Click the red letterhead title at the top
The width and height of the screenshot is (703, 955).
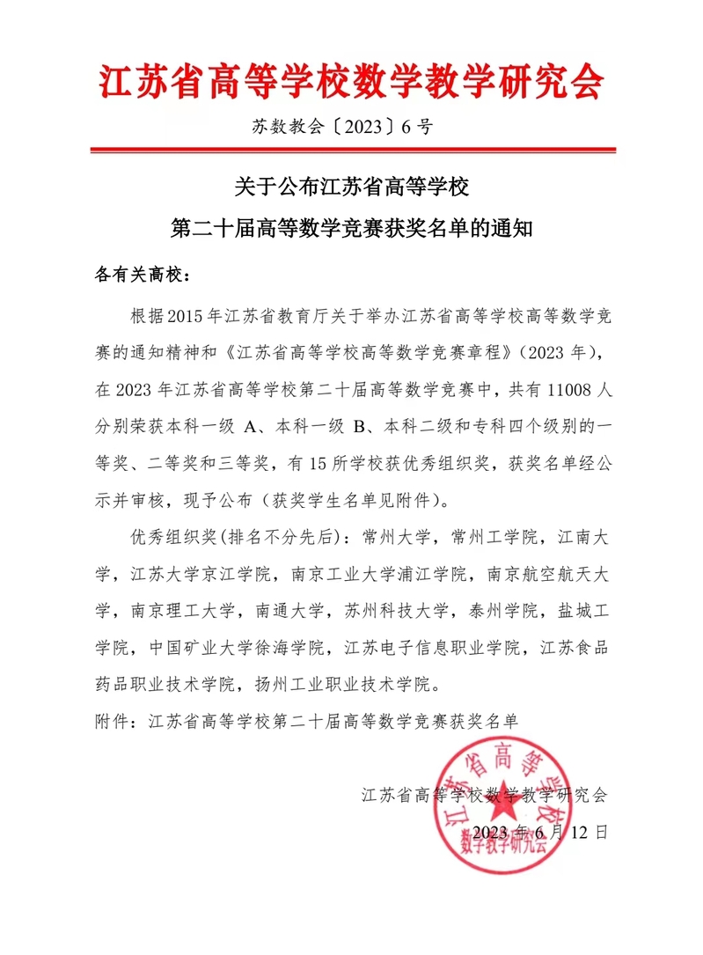click(352, 83)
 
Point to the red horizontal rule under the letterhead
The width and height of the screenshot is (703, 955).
click(352, 155)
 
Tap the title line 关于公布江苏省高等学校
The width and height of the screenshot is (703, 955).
click(352, 187)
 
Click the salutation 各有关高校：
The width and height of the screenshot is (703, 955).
click(142, 275)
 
